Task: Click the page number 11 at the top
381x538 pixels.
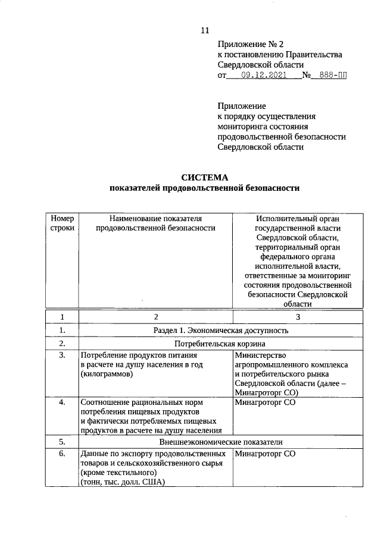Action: click(205, 31)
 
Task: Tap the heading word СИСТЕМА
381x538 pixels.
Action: click(204, 177)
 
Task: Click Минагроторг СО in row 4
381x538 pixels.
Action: click(265, 402)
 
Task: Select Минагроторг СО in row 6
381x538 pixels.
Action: click(265, 455)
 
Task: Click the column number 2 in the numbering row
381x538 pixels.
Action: click(155, 317)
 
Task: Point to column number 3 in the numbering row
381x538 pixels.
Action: click(298, 317)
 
